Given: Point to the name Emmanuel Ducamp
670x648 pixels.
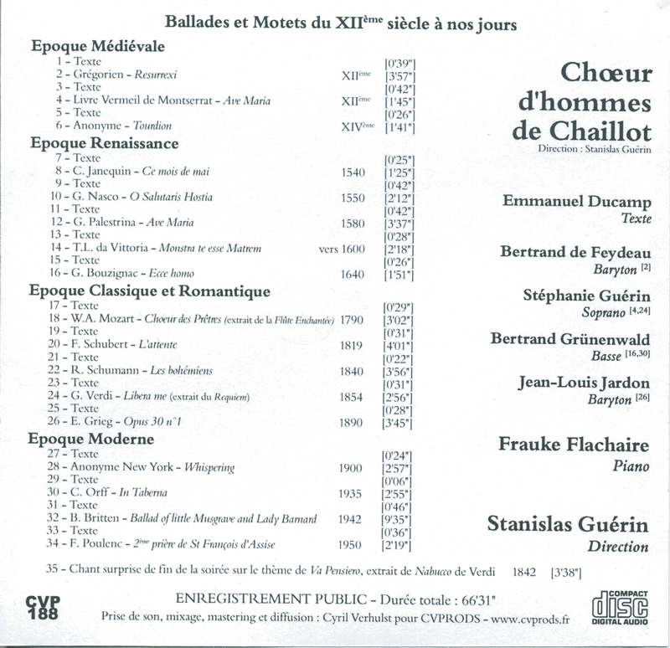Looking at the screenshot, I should coord(576,203).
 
